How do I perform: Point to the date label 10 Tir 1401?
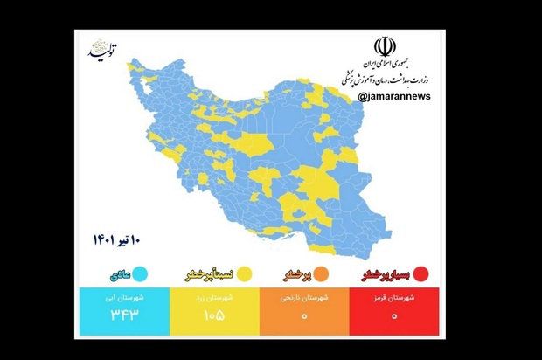coord(116,238)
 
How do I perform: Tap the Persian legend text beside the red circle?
coord(386,274)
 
